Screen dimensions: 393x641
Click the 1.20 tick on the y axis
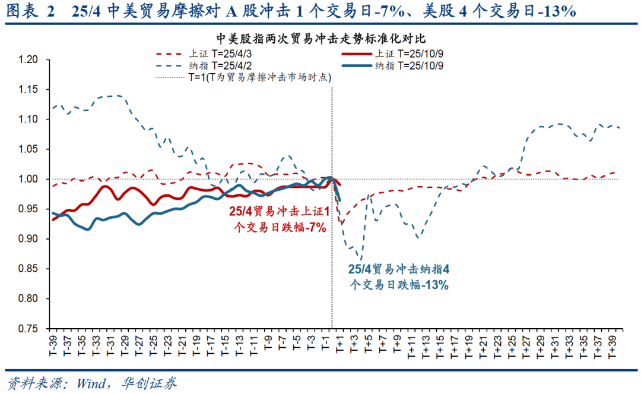pyautogui.click(x=28, y=59)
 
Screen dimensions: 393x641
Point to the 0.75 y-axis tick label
pyautogui.click(x=28, y=328)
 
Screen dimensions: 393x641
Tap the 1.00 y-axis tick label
pyautogui.click(x=28, y=179)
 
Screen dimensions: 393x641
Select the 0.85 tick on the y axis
pyautogui.click(x=28, y=269)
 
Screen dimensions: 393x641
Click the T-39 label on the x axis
pyautogui.click(x=53, y=346)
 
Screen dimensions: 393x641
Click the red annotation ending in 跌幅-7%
pyautogui.click(x=278, y=219)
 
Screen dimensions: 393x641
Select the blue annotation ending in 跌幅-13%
pyautogui.click(x=399, y=277)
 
